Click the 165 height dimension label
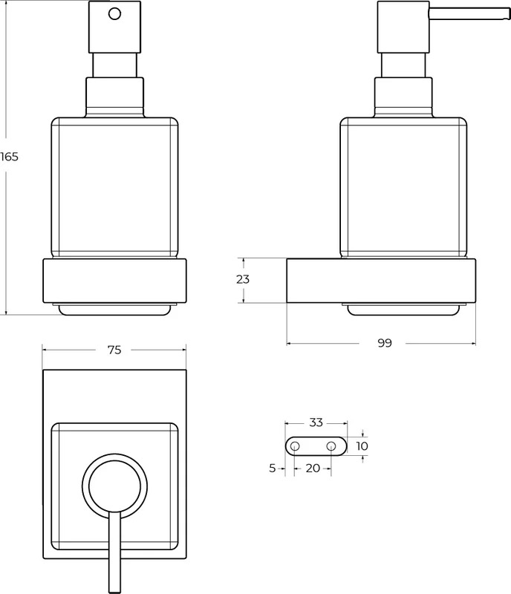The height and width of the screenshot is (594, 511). click(9, 157)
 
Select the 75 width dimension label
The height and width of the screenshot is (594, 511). click(114, 350)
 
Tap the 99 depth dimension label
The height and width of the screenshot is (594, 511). click(385, 343)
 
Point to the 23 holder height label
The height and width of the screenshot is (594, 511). click(243, 280)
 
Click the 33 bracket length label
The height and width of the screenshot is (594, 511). click(316, 422)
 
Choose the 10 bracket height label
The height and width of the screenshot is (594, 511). click(362, 446)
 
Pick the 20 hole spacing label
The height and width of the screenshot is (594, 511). click(313, 469)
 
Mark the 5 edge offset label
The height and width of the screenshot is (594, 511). click(272, 469)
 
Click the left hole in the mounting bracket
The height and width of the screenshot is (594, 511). click(295, 446)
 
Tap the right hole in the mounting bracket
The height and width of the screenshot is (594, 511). click(331, 446)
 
